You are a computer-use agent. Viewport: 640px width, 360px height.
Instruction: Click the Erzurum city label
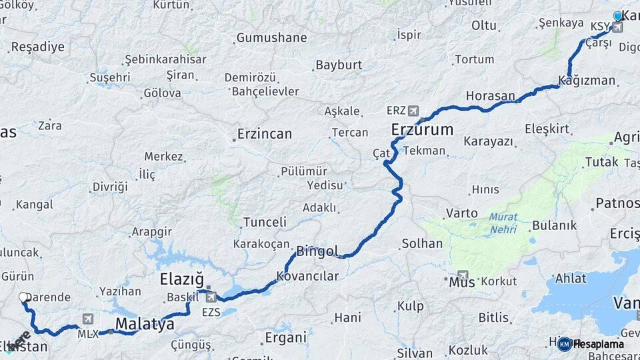click(421, 129)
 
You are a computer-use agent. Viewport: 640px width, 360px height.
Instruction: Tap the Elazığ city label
click(181, 279)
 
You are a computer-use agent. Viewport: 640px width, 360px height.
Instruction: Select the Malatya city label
click(145, 325)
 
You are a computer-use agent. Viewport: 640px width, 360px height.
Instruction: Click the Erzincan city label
click(265, 134)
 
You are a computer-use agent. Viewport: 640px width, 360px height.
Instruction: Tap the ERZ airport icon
click(413, 111)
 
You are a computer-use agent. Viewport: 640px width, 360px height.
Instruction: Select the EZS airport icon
click(211, 297)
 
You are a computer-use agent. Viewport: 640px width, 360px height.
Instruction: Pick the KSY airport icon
click(617, 27)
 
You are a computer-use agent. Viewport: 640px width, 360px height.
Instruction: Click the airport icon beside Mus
click(463, 275)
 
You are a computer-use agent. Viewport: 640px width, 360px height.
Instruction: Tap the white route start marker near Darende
click(23, 297)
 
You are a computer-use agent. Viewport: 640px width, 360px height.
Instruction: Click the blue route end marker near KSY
click(618, 15)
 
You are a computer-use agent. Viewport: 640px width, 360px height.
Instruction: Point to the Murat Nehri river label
click(503, 223)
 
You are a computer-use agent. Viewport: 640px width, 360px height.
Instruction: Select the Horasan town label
click(490, 96)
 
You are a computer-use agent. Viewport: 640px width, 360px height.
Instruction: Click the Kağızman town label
click(587, 81)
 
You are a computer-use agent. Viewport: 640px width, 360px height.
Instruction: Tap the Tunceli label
click(265, 222)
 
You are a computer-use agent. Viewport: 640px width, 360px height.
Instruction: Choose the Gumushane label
click(271, 38)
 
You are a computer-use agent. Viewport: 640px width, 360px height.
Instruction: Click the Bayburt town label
click(339, 65)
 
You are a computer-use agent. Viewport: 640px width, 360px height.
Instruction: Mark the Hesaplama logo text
click(598, 344)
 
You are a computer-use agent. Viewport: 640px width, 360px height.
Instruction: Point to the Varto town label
click(461, 213)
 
